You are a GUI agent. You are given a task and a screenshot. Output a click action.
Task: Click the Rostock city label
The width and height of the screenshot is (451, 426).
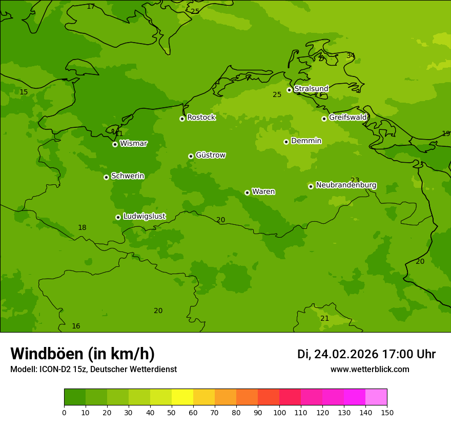click(x=201, y=118)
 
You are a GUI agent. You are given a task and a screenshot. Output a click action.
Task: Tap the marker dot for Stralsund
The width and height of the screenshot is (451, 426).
click(x=289, y=90)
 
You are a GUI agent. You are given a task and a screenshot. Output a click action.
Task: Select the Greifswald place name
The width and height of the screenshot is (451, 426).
click(x=347, y=118)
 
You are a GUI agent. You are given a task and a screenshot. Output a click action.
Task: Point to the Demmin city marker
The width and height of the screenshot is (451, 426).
click(x=286, y=142)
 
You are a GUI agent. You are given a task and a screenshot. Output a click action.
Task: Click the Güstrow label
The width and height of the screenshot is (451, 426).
click(x=210, y=155)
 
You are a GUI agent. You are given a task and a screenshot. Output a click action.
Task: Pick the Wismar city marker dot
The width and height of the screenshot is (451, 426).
click(x=115, y=144)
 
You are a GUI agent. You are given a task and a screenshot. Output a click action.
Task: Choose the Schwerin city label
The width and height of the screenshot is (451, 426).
click(x=127, y=176)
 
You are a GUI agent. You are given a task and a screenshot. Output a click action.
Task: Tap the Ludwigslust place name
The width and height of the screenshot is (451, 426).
click(x=144, y=216)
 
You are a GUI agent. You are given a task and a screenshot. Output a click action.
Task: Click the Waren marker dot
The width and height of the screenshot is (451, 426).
click(x=247, y=192)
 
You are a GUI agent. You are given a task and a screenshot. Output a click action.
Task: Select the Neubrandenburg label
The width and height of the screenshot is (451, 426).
click(x=346, y=185)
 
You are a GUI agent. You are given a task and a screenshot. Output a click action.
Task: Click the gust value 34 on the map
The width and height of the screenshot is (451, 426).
click(x=351, y=55)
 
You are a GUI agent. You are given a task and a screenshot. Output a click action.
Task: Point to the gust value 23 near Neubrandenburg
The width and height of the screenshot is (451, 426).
click(x=355, y=180)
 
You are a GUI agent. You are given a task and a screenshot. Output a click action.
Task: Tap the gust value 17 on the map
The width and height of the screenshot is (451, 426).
click(x=91, y=7)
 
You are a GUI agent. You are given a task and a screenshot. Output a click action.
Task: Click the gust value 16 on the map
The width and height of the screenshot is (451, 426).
click(x=76, y=326)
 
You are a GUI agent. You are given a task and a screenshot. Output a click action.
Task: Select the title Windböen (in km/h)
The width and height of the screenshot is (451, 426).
click(x=83, y=354)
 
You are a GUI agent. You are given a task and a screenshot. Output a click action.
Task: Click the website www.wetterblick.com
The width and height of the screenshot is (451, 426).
click(x=370, y=370)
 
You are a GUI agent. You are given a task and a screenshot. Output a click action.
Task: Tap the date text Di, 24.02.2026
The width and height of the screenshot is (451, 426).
click(x=338, y=354)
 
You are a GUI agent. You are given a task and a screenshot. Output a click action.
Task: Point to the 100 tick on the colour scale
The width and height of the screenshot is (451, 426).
click(x=279, y=413)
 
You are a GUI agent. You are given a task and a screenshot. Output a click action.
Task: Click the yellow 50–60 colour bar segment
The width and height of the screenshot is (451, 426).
click(x=182, y=397)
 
